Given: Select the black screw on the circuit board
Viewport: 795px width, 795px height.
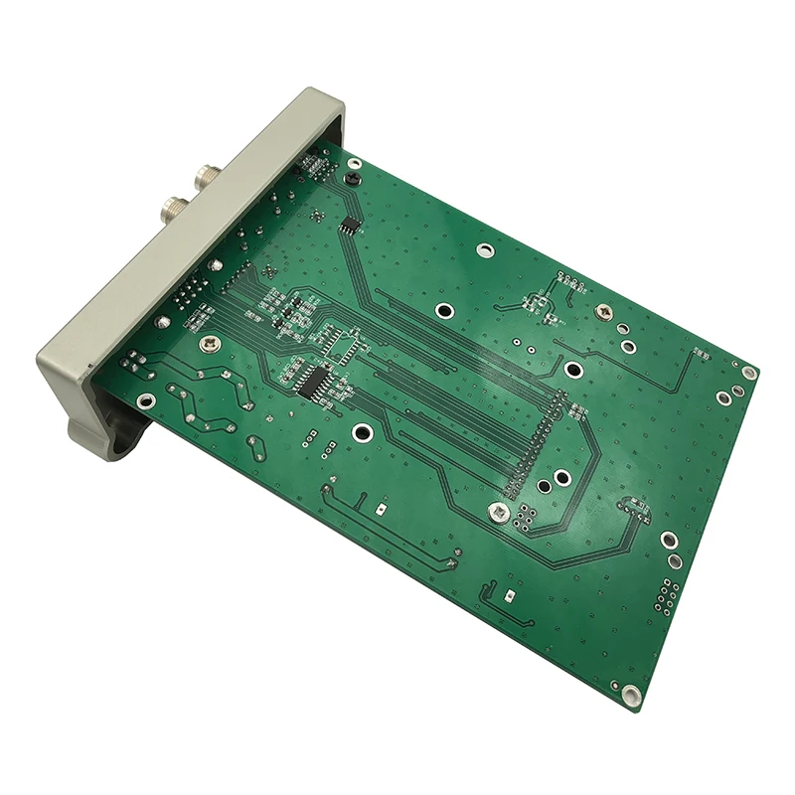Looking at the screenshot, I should [x=352, y=179].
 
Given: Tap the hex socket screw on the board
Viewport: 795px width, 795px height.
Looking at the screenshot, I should [x=497, y=513].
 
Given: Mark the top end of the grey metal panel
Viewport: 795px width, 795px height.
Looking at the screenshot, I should [x=323, y=99].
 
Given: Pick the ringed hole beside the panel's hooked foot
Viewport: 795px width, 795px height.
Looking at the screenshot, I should [x=146, y=401].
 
